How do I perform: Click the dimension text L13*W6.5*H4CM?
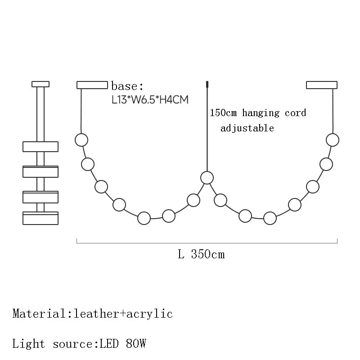(150, 99)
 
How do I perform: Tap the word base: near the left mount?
(127, 86)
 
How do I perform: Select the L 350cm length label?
(201, 254)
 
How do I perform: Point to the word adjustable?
(247, 128)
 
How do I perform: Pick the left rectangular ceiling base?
(92, 85)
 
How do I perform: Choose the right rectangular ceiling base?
(322, 85)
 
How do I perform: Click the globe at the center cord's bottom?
(207, 177)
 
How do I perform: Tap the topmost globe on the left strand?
(81, 139)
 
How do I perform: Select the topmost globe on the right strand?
(333, 139)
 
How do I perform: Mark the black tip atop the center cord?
(207, 84)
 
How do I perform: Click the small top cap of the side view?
(40, 84)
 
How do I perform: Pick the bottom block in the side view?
(40, 218)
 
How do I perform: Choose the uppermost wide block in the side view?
(40, 147)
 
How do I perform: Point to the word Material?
(40, 313)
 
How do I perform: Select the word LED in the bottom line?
(107, 344)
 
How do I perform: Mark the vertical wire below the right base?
(333, 110)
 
